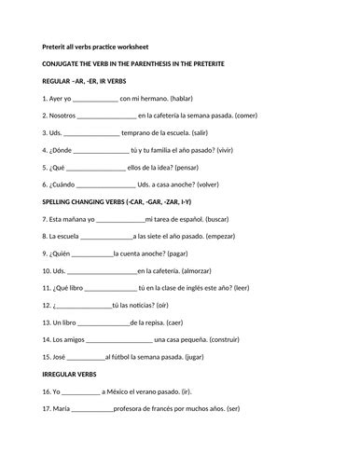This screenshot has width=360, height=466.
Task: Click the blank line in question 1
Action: pyautogui.click(x=94, y=98)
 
